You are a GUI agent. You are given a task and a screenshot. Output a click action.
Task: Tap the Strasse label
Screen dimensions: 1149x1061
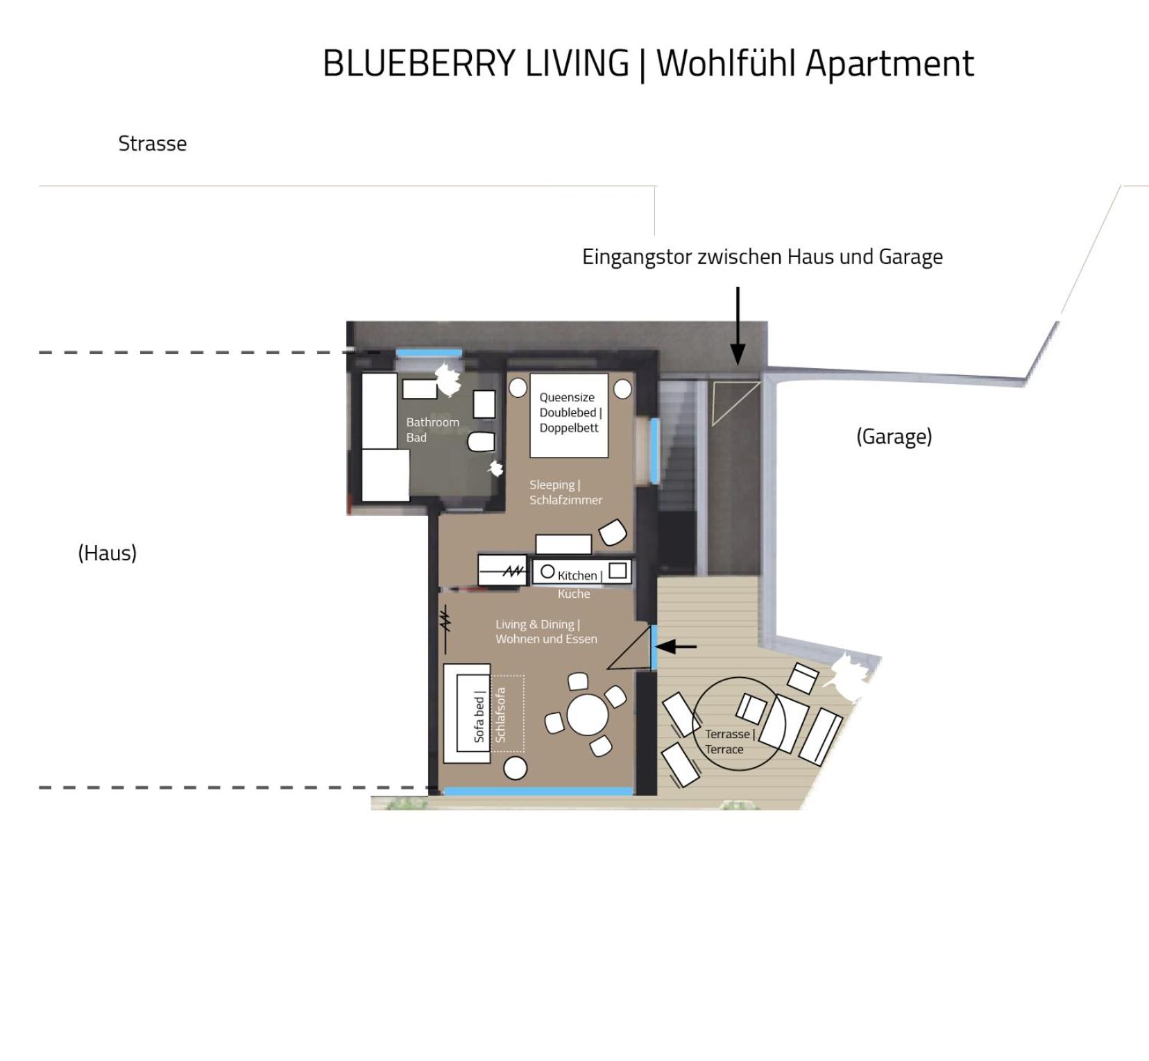153,144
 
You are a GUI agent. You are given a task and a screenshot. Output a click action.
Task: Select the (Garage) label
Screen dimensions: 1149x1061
894,437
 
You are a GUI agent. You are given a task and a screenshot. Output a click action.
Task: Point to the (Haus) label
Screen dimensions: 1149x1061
107,553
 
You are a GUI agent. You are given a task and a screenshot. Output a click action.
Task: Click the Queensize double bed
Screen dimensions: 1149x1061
569,415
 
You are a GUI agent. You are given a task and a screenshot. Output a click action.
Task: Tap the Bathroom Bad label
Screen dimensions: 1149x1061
432,430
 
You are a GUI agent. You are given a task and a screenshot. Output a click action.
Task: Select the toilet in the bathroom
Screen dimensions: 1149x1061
481,442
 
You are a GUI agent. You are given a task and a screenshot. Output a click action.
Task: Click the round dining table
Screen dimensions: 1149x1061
588,715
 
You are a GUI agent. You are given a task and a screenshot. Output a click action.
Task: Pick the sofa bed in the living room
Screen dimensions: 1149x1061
467,713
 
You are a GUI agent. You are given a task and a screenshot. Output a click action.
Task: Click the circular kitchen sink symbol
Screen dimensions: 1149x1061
547,571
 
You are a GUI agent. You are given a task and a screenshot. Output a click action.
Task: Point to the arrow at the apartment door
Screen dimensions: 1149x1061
676,647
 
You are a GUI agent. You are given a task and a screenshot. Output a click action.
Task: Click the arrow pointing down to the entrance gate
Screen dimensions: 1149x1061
738,326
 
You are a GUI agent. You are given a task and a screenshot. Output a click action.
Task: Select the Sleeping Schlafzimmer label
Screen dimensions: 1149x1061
565,492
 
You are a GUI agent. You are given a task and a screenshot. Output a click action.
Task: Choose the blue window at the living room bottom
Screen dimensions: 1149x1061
538,792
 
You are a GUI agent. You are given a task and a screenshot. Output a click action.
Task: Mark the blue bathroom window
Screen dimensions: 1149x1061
428,353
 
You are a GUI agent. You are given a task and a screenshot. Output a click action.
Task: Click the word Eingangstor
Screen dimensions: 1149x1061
637,258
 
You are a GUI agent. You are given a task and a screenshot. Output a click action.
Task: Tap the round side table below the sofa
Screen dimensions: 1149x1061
515,768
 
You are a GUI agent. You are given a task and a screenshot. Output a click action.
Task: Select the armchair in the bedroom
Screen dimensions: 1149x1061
613,533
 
